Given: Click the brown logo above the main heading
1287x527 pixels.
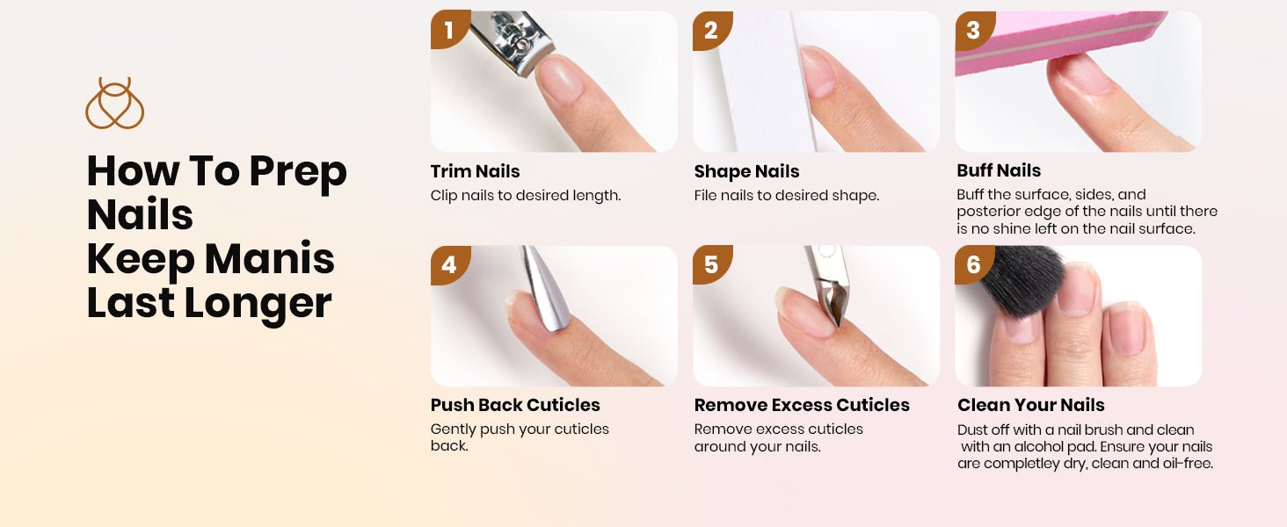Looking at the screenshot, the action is click(x=115, y=104).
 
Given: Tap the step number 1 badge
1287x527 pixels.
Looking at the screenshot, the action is click(x=449, y=30).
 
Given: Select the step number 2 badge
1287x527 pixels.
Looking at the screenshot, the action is click(x=711, y=30).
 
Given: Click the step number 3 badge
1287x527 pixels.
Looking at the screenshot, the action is click(x=973, y=30).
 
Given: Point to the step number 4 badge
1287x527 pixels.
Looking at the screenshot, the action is click(x=449, y=264).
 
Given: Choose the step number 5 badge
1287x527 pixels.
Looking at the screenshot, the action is click(x=711, y=264).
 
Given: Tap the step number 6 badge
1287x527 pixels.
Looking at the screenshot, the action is click(x=973, y=264).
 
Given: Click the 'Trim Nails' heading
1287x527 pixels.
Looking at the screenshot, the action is click(x=476, y=171).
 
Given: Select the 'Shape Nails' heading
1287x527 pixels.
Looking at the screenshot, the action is click(x=746, y=171).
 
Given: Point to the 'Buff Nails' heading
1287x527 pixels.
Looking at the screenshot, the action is click(x=999, y=170).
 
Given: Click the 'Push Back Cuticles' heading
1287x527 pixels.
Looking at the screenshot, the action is click(x=515, y=405).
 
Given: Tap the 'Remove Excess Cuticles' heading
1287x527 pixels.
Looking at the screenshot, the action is click(x=802, y=405).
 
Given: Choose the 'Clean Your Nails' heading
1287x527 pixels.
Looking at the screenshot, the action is click(x=1031, y=405).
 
